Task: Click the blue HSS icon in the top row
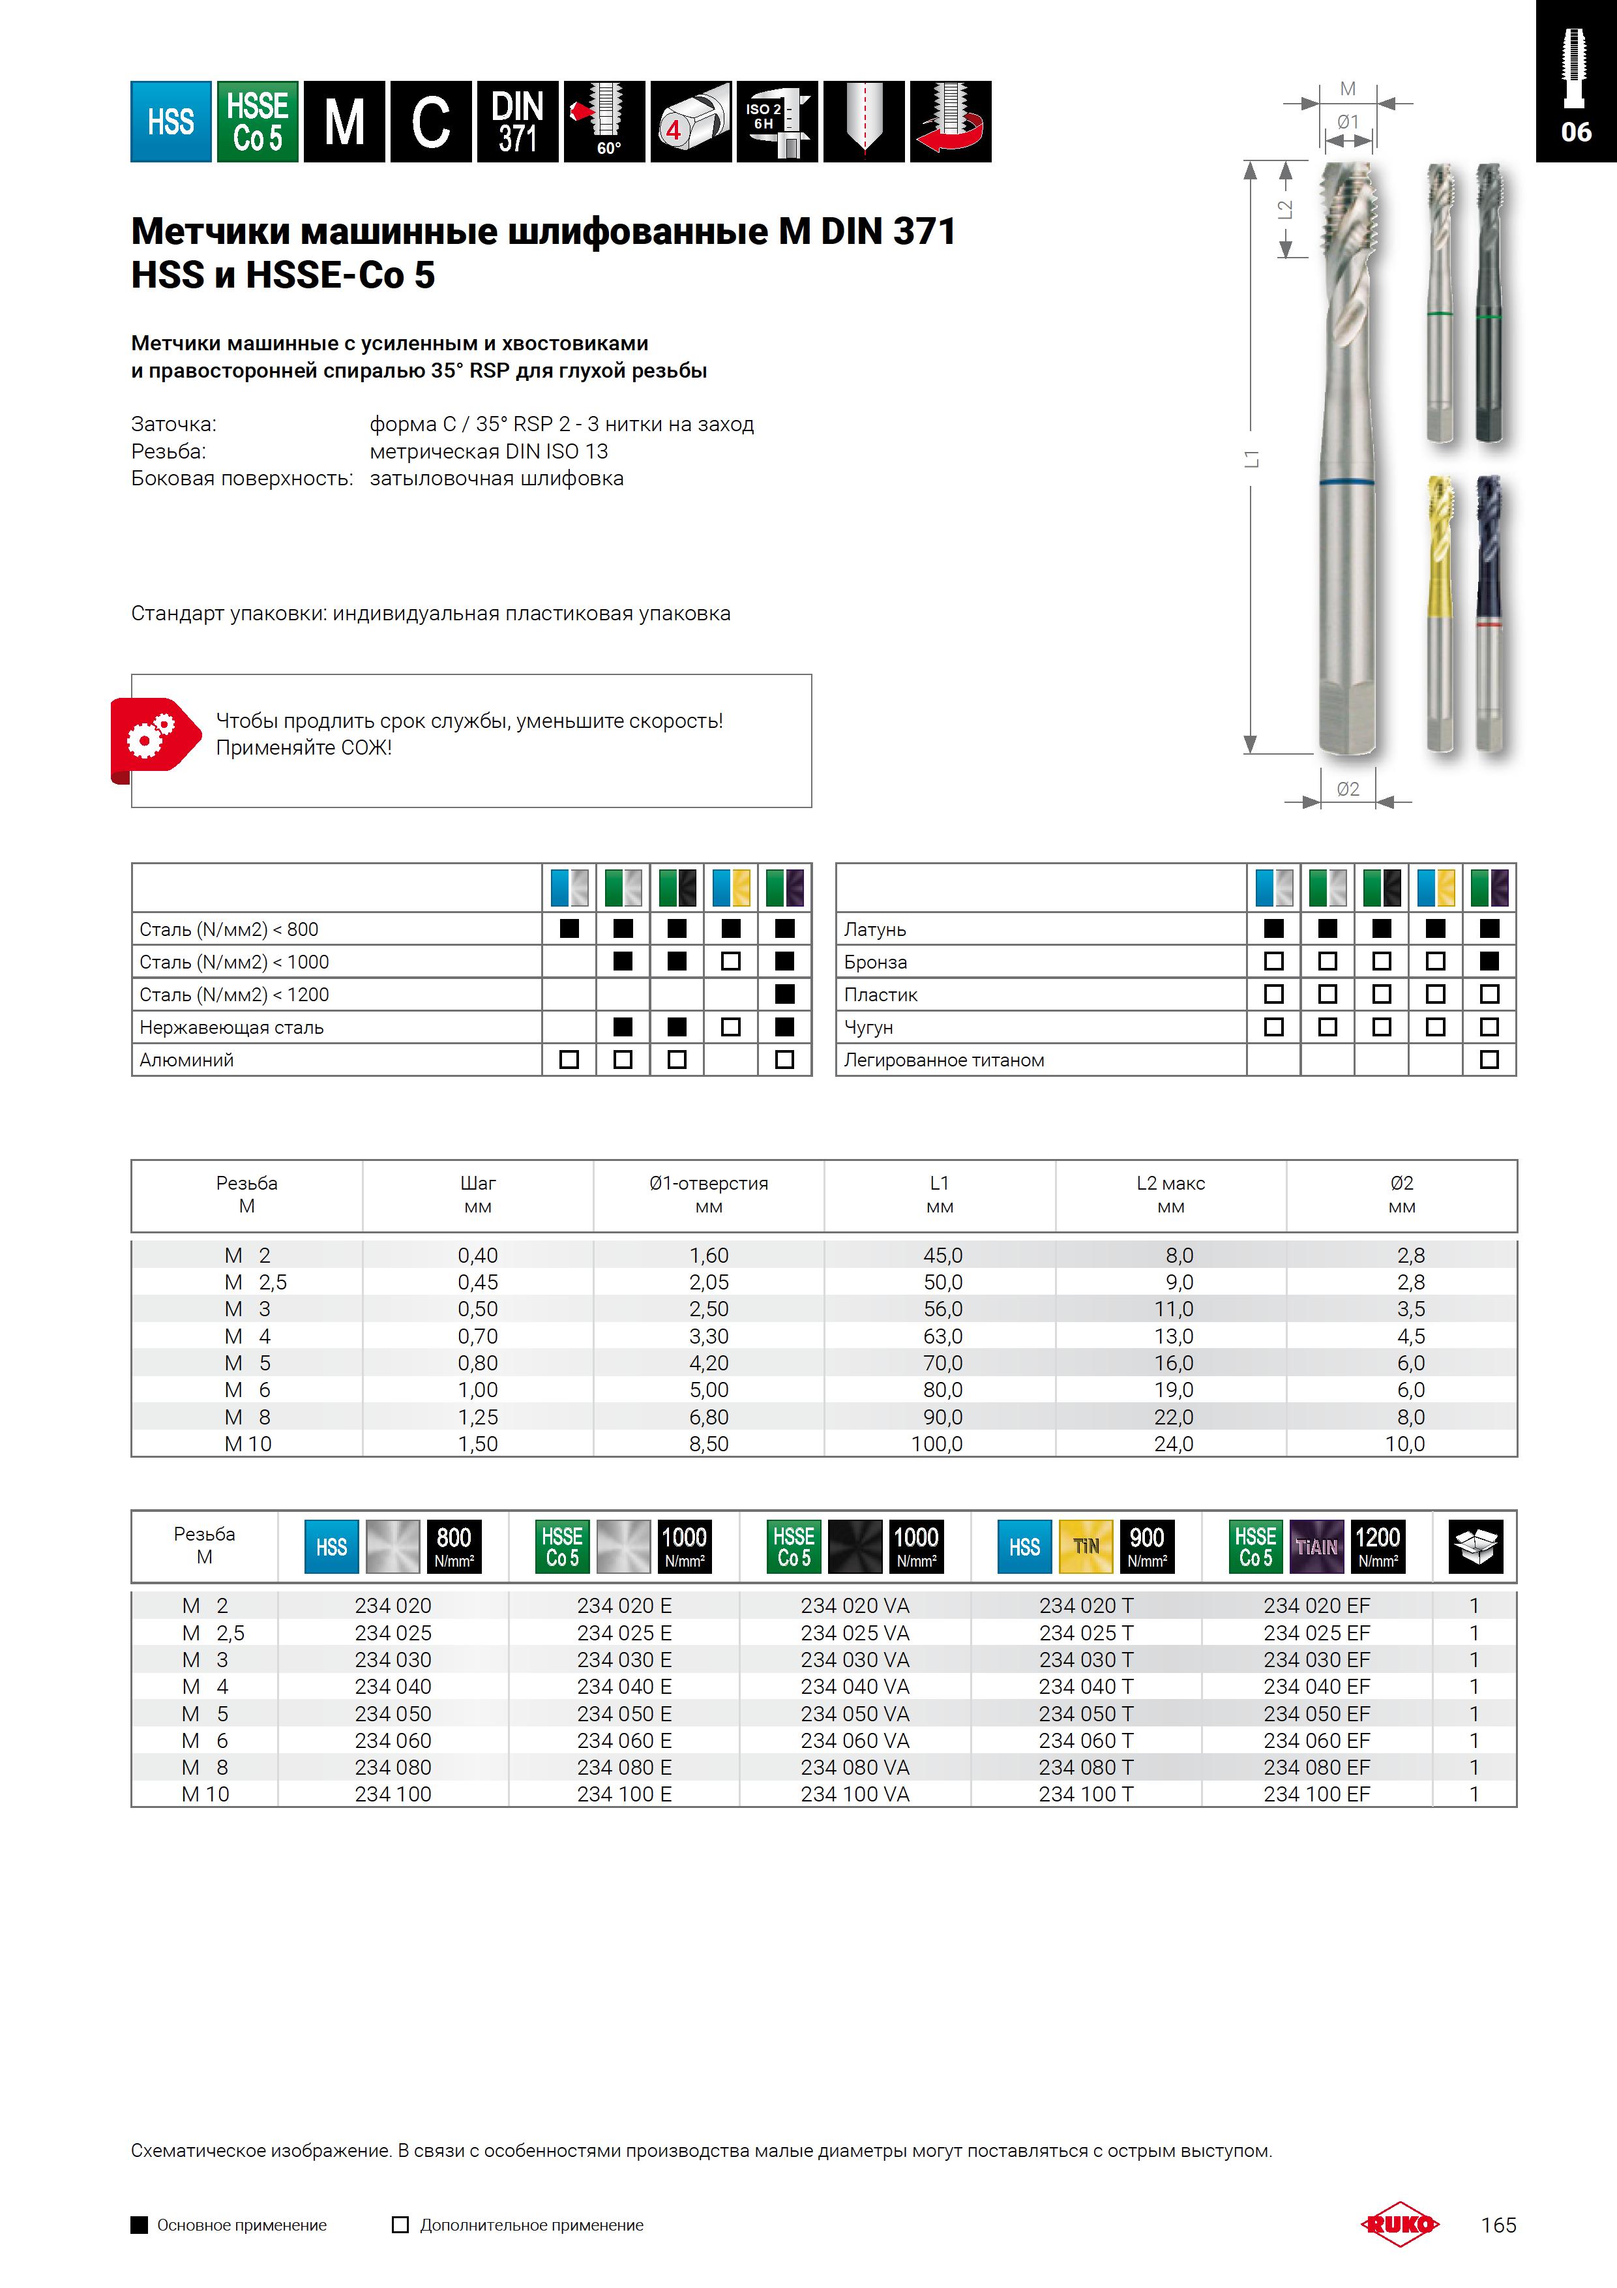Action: [x=170, y=121]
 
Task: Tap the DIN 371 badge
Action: [x=517, y=121]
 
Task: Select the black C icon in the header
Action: [x=430, y=121]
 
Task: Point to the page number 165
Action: [x=1498, y=2224]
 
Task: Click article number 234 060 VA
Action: [x=854, y=1740]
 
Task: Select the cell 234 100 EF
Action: [x=1316, y=1794]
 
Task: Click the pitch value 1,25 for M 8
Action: [x=477, y=1416]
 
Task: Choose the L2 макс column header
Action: [x=1170, y=1194]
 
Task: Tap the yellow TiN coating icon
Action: [x=1085, y=1546]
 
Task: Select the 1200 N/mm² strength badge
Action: [x=1377, y=1546]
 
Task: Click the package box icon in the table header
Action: [x=1474, y=1546]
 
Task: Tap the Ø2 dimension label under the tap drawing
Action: [x=1347, y=789]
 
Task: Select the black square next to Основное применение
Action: [x=140, y=2224]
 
